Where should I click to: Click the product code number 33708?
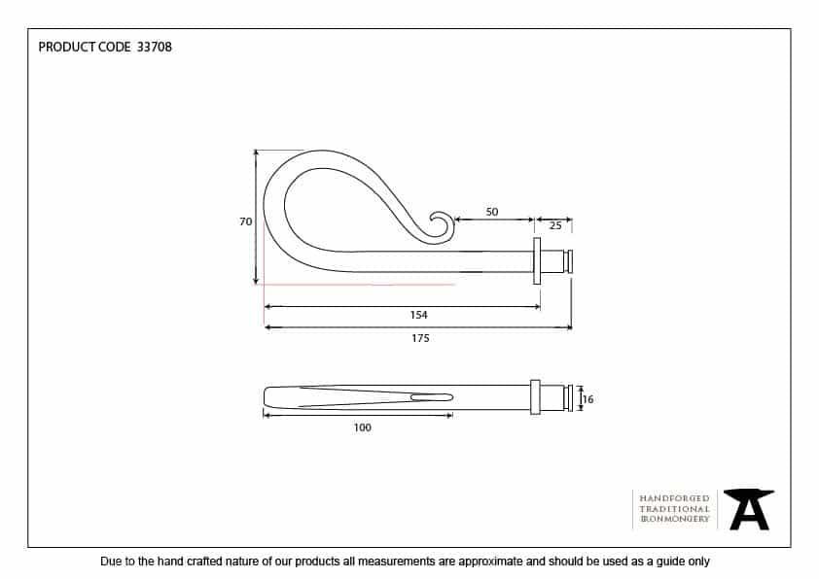(154, 47)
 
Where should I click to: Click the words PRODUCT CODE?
(84, 47)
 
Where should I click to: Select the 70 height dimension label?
(245, 221)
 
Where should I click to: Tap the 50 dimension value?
(492, 212)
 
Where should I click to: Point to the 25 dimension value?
(555, 225)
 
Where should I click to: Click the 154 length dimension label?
(419, 315)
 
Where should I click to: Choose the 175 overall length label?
(420, 338)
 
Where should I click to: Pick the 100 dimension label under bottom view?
(363, 427)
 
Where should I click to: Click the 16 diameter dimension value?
(588, 399)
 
